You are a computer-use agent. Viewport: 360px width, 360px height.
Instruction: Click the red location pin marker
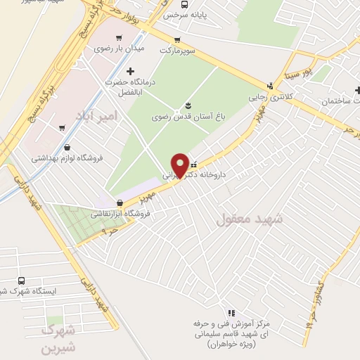(180, 166)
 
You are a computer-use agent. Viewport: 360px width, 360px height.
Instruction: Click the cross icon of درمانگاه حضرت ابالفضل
(129, 71)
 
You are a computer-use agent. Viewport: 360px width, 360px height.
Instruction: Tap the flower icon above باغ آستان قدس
(188, 105)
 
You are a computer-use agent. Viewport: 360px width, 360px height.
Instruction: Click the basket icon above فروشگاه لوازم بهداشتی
(67, 148)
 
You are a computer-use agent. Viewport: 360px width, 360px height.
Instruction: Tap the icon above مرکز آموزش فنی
(231, 313)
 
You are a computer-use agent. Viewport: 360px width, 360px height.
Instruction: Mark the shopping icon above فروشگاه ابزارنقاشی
(118, 203)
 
